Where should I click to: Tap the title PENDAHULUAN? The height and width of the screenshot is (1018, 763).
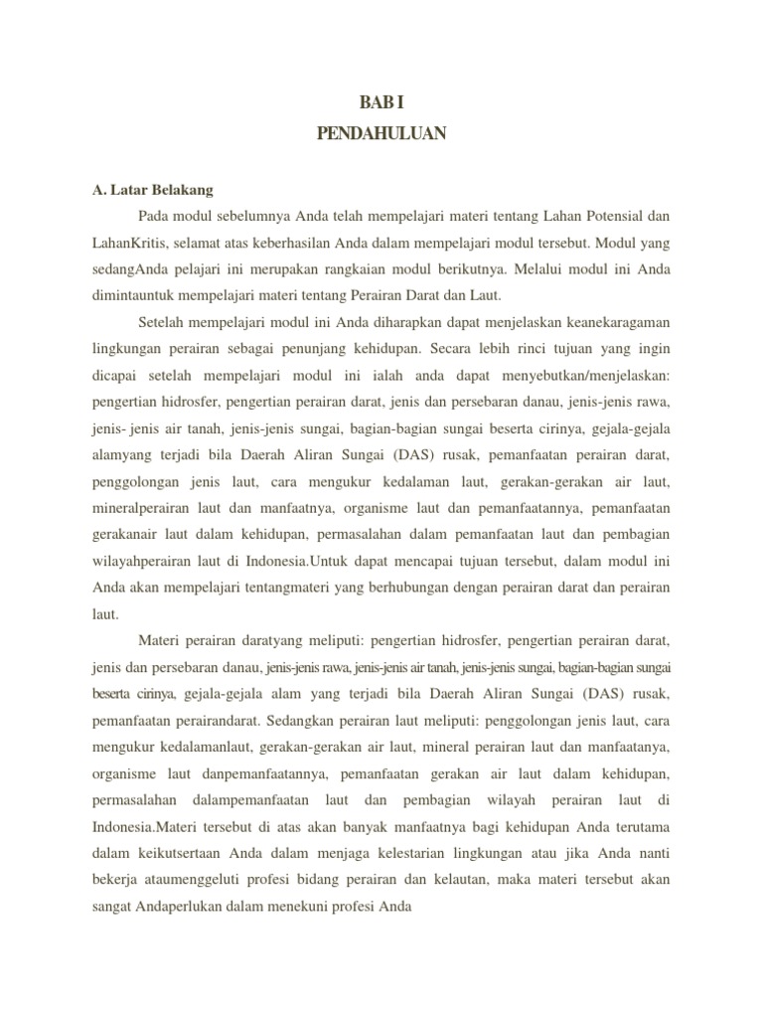coord(381,133)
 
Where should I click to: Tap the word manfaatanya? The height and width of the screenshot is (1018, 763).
coord(627,747)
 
